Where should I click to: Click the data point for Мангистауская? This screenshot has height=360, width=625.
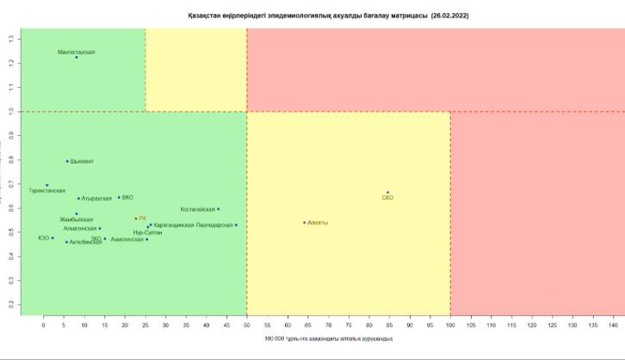77,58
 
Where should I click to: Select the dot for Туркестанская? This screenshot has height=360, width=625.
47,185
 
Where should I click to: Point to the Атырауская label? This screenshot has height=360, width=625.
96,198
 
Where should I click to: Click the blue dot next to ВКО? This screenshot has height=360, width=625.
119,197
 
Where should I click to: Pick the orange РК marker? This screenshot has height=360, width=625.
136,219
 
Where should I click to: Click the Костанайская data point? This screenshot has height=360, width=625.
219,208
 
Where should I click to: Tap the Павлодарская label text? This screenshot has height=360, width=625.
214,225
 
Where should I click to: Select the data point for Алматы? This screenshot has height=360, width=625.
305,222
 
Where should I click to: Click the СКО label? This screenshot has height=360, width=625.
387,198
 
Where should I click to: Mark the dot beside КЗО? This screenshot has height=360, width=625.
53,238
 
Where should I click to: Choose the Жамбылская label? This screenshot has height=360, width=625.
77,220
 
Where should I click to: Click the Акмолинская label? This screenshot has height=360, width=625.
127,239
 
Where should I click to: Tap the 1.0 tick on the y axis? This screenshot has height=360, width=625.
11,111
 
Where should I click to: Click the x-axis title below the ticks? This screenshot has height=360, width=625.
323,338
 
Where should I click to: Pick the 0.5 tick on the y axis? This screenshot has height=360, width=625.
11,232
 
